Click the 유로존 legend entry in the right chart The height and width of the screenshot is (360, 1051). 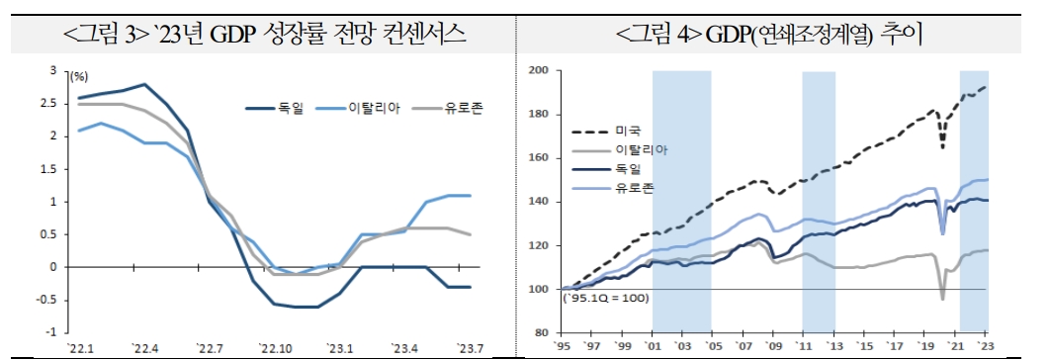coord(635,187)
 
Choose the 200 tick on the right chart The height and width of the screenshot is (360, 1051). coord(540,70)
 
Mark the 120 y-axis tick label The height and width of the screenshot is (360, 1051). coord(540,245)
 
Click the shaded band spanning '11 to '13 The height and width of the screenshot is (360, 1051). coord(819,198)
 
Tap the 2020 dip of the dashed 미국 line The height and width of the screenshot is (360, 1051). coord(941,147)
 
